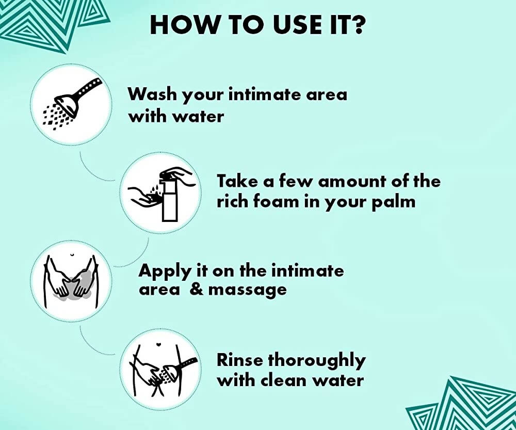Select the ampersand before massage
(x=197, y=289)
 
